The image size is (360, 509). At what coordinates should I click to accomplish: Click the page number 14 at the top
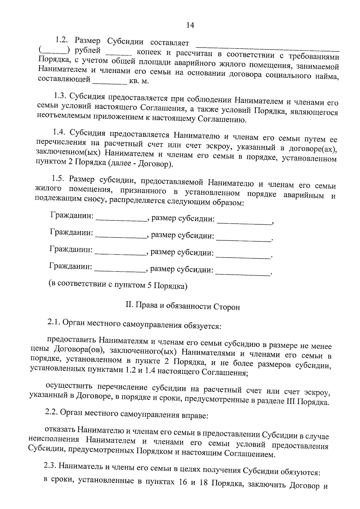coord(190,25)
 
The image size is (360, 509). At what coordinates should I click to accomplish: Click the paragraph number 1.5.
coord(58,178)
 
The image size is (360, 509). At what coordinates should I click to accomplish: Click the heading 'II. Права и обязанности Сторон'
coord(182,306)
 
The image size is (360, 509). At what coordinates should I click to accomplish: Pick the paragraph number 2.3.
coord(50,466)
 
